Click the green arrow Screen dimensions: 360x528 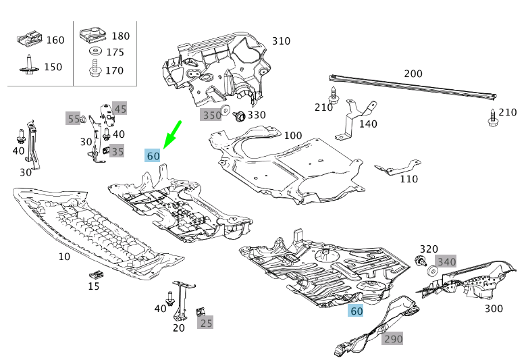pyautogui.click(x=173, y=132)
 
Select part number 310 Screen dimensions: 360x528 pyautogui.click(x=281, y=41)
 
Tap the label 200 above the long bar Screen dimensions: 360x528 pyautogui.click(x=413, y=74)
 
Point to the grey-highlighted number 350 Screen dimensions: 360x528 pyautogui.click(x=212, y=115)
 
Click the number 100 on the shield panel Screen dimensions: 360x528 pyautogui.click(x=293, y=136)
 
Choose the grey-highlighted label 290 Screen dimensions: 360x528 pyautogui.click(x=393, y=339)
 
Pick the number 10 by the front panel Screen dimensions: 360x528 pyautogui.click(x=64, y=257)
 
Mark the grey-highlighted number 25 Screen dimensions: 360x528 pyautogui.click(x=206, y=324)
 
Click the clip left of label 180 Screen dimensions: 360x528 pyautogui.click(x=93, y=34)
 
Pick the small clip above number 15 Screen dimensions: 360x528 pyautogui.click(x=96, y=274)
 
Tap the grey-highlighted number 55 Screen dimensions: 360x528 pyautogui.click(x=74, y=119)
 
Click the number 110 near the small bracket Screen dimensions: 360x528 pyautogui.click(x=408, y=179)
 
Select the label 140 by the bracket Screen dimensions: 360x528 pyautogui.click(x=368, y=124)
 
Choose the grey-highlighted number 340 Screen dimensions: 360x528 pyautogui.click(x=446, y=261)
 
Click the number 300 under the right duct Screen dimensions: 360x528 pyautogui.click(x=494, y=309)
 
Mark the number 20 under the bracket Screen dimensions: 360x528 pyautogui.click(x=178, y=328)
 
